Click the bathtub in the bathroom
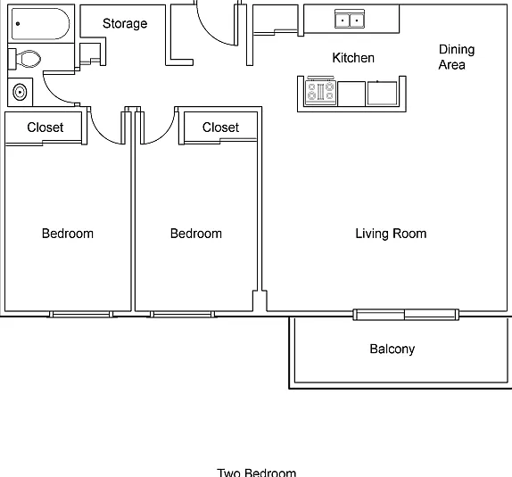click(40, 24)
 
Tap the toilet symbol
click(25, 59)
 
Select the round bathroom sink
click(20, 92)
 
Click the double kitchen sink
click(350, 19)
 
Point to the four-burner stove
click(320, 92)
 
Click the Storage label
click(125, 23)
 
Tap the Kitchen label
click(353, 58)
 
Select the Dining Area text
click(457, 57)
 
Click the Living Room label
click(391, 234)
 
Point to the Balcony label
click(392, 349)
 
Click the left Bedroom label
click(68, 234)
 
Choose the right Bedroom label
click(196, 234)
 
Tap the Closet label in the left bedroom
click(45, 127)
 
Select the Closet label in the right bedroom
click(220, 127)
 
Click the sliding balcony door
click(406, 315)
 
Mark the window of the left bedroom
click(81, 315)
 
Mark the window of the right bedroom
click(182, 315)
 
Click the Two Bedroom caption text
click(257, 473)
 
